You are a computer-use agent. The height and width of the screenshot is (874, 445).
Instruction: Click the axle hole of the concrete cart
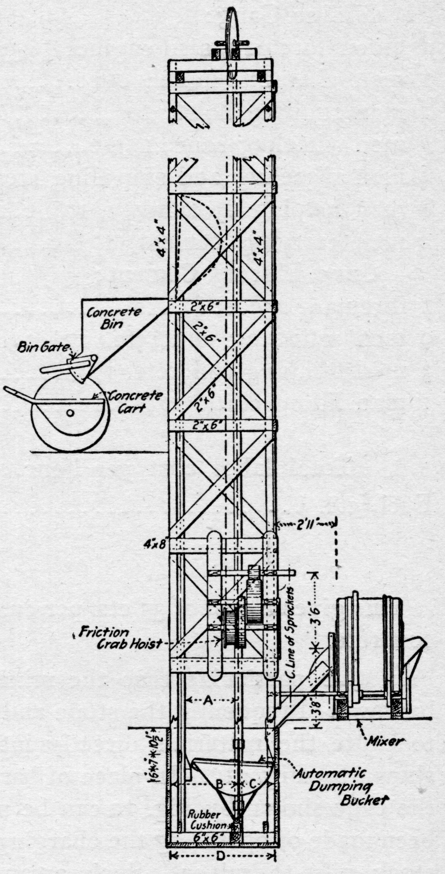70,413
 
